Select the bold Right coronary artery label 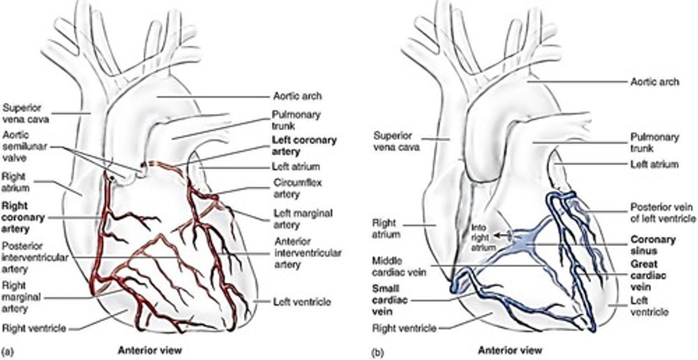tap(23, 217)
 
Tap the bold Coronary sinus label tap(652, 245)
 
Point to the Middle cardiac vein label tap(399, 266)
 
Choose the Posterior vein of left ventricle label tap(663, 213)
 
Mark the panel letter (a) tap(7, 350)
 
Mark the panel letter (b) tap(377, 350)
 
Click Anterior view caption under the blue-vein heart tap(510, 350)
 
